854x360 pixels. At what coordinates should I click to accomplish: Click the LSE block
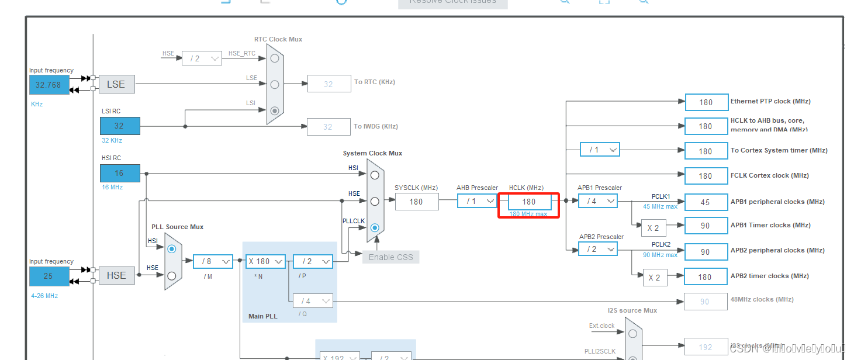click(116, 84)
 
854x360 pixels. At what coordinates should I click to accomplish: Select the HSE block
click(116, 275)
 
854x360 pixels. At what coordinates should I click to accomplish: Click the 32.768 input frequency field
click(49, 85)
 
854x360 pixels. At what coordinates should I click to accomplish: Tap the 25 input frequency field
click(49, 276)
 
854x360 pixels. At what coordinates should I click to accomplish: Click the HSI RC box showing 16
click(120, 174)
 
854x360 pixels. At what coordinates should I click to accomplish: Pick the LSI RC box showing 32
click(120, 126)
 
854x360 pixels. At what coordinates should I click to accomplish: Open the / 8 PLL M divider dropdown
click(213, 261)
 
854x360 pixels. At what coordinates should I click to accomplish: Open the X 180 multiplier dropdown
click(265, 261)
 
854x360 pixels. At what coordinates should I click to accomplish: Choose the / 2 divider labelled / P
click(313, 261)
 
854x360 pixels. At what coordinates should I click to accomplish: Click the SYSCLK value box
click(417, 202)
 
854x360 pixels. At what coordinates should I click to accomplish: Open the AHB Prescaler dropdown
click(477, 201)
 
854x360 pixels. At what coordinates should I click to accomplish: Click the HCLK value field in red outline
click(530, 202)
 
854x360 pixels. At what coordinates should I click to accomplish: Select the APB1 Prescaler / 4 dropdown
click(597, 201)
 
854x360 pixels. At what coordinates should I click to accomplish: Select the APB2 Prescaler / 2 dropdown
click(597, 250)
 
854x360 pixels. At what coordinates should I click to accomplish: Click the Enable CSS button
click(390, 257)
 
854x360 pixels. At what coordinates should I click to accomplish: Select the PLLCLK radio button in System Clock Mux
click(375, 227)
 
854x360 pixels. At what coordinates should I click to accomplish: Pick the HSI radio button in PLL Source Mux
click(171, 249)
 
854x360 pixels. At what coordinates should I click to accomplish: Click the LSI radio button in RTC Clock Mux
click(275, 110)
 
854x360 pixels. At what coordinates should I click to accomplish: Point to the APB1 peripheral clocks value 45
click(706, 202)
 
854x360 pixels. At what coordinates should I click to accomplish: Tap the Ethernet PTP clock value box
click(706, 102)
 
